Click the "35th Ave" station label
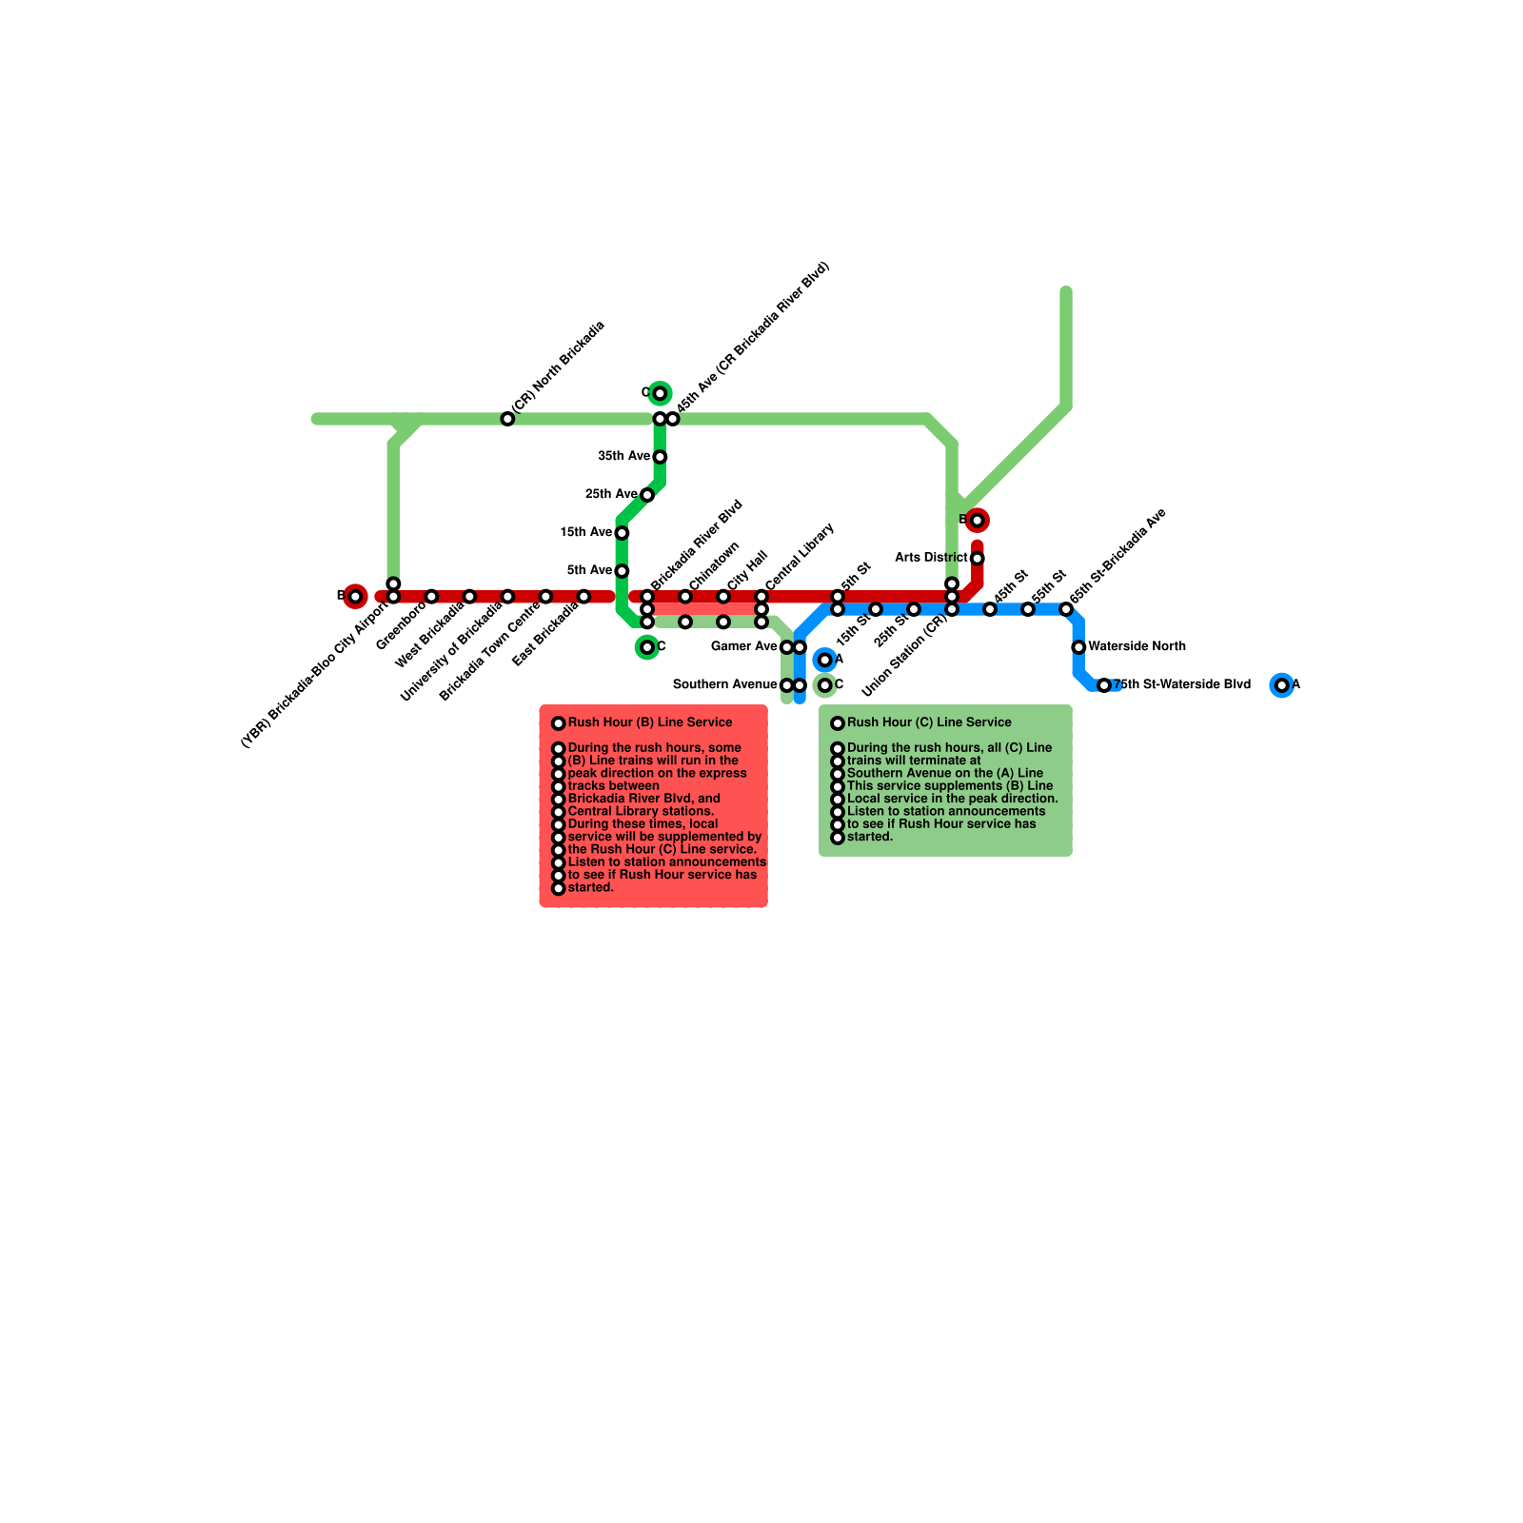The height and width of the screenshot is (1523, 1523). point(623,457)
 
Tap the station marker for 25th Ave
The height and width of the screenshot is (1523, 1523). point(647,495)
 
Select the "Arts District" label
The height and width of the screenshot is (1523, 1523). point(931,558)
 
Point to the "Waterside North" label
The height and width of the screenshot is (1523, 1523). point(1137,647)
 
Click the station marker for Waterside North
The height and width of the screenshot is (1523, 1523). point(1078,647)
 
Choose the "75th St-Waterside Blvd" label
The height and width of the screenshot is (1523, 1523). point(1182,685)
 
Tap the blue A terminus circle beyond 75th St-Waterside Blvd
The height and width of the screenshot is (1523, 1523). point(1282,685)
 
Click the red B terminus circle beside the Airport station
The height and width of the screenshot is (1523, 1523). point(355,597)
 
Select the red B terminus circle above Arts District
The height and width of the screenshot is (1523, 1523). point(977,521)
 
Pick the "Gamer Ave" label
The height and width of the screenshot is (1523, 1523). point(744,647)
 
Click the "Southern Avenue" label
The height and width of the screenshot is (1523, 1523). point(724,685)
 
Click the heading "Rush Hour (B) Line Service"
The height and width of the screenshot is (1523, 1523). point(650,723)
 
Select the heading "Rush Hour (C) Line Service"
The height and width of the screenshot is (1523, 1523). point(929,723)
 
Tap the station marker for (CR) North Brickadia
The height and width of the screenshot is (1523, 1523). point(507,419)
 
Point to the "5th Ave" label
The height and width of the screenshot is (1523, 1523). point(589,571)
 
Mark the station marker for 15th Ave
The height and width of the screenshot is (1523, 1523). point(622,533)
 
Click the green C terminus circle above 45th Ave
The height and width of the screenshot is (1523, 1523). point(660,393)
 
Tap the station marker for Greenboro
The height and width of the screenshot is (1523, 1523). point(431,597)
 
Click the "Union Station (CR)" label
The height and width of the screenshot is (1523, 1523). point(904,655)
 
